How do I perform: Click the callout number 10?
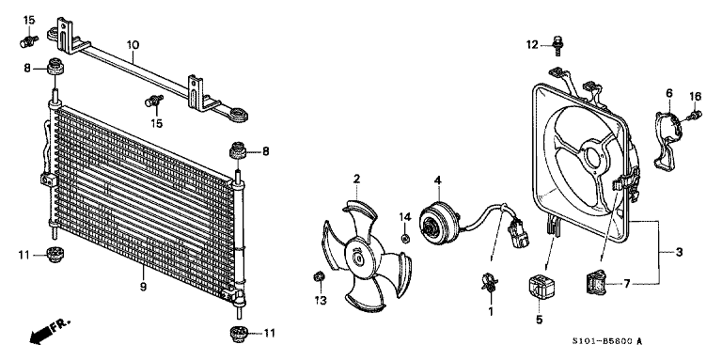[133, 44]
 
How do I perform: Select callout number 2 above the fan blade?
[357, 179]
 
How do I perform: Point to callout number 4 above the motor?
[437, 180]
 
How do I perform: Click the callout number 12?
[530, 44]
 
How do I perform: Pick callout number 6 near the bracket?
[670, 92]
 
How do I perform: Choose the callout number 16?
[696, 95]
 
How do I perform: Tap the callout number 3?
[678, 253]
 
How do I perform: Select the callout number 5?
[540, 320]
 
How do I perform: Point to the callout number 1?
[489, 310]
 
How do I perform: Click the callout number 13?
[319, 300]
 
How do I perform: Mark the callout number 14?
[405, 217]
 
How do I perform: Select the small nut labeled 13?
[320, 276]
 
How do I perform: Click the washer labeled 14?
[405, 238]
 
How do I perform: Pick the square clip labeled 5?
[539, 285]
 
